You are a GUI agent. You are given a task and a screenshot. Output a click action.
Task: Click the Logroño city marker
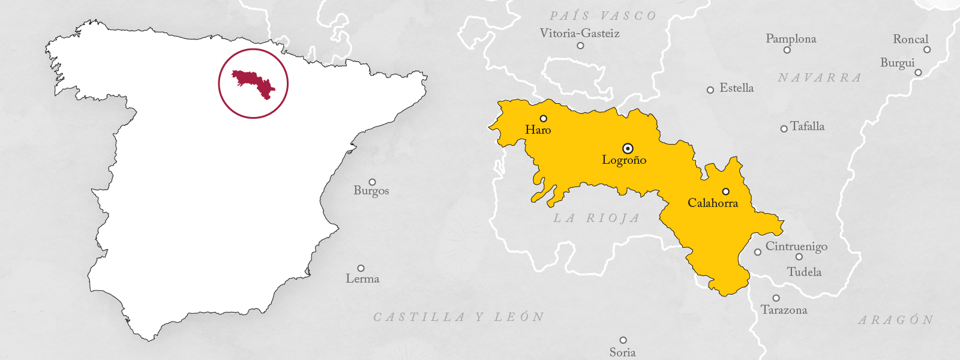point(628,148)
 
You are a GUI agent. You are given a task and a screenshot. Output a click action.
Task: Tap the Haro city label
point(538,130)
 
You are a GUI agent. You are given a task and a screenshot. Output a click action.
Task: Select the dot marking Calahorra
point(726,191)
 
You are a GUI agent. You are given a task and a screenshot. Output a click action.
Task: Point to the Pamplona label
point(791,38)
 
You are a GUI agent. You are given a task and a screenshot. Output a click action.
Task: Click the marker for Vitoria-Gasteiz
point(580,46)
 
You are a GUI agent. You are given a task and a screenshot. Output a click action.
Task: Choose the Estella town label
point(736,88)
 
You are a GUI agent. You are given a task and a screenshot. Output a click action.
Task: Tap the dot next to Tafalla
point(784,128)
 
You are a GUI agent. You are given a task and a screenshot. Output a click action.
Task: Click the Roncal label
point(910,39)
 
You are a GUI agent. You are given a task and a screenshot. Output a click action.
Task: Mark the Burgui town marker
point(918,73)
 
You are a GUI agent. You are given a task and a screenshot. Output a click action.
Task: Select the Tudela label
point(804,272)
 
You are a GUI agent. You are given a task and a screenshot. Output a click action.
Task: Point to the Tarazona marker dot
point(776,298)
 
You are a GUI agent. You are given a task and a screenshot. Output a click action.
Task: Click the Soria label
point(622,352)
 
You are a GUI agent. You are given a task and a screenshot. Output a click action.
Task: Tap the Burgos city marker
point(372,182)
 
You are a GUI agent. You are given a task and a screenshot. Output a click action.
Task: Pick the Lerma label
point(362,278)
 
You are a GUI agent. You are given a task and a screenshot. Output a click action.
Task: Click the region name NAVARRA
point(820,78)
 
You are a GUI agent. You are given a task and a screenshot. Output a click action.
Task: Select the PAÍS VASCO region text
point(603,16)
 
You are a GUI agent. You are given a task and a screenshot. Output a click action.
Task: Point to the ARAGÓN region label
point(896,320)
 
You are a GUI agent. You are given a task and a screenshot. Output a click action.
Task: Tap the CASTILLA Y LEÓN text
point(459,317)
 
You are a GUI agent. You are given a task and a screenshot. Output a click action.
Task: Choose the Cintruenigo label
point(796,246)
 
